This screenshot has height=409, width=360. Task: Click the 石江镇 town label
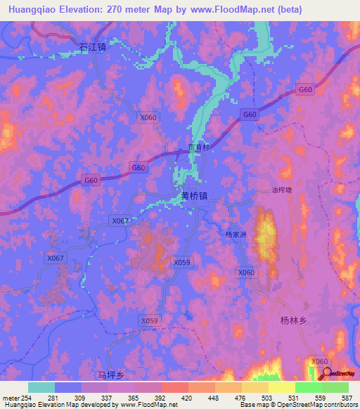[92, 48]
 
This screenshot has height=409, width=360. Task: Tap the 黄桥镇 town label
[194, 196]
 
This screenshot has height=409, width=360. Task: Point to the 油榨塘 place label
[286, 190]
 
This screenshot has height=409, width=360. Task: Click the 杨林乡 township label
[294, 320]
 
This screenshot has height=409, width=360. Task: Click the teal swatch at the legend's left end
[41, 387]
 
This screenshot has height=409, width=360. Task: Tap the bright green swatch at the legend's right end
[335, 387]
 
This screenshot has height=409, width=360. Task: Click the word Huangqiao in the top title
[32, 9]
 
